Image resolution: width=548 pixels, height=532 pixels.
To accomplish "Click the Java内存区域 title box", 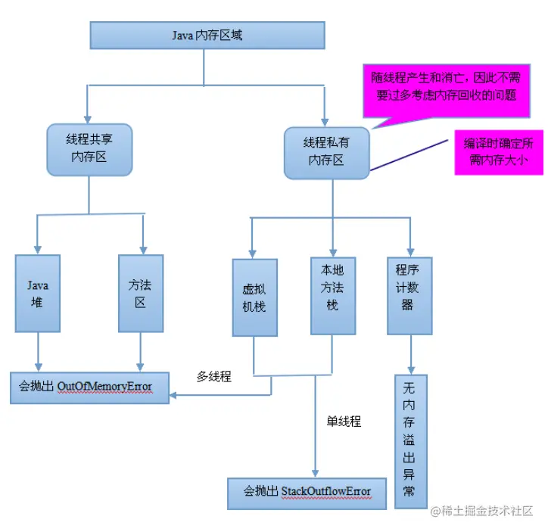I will (x=207, y=36).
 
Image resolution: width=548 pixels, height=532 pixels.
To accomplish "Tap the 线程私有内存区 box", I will (x=326, y=151).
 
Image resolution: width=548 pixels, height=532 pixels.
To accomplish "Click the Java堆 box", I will (x=38, y=293).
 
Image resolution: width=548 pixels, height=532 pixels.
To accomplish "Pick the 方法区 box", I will (x=142, y=293).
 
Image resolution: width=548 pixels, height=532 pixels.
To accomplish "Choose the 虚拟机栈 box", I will (x=254, y=297).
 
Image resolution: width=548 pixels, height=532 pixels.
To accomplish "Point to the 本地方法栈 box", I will (x=333, y=296).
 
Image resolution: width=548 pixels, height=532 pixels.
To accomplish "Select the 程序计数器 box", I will (x=409, y=294).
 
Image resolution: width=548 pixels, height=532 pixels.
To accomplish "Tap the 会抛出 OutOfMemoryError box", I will (x=89, y=387).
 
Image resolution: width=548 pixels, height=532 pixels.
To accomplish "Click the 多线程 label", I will (x=214, y=376).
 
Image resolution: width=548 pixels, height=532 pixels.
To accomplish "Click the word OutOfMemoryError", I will (x=104, y=387).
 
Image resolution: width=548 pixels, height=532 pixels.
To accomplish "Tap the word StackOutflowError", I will (x=326, y=492).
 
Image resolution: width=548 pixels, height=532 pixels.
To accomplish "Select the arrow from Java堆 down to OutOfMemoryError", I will (x=38, y=352).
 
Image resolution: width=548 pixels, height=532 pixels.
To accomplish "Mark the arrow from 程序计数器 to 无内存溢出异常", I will (x=409, y=354).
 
